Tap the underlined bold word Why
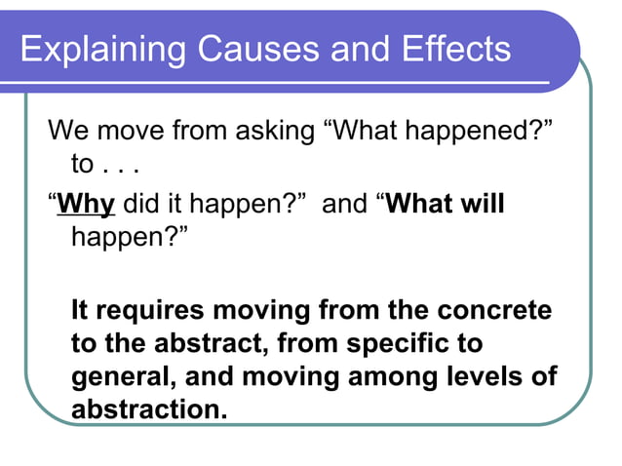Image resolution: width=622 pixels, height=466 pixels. click(87, 207)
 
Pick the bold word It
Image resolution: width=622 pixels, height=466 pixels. click(82, 312)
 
